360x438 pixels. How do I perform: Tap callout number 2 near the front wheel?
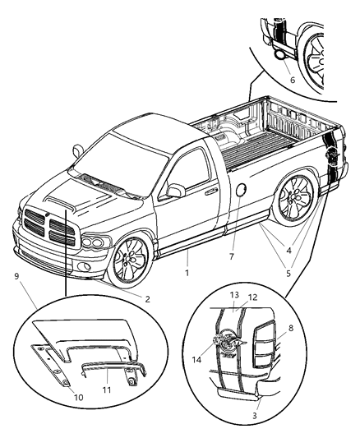tap(148, 299)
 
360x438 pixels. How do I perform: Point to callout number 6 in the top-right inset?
tap(292, 80)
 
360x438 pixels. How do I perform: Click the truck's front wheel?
tap(132, 260)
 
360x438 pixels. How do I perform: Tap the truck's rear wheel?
tap(293, 200)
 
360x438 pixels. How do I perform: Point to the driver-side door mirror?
tap(173, 191)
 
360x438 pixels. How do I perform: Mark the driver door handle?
tap(212, 191)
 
